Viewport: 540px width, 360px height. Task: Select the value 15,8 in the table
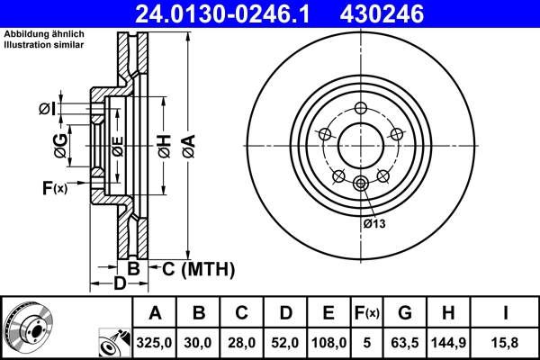(x=507, y=342)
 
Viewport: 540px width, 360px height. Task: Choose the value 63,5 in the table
(x=404, y=342)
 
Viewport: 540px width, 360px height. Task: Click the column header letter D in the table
(x=286, y=313)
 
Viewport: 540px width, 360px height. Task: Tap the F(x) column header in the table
(x=367, y=313)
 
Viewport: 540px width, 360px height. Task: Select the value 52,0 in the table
(x=286, y=342)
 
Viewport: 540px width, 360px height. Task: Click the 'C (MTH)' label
(x=194, y=268)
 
